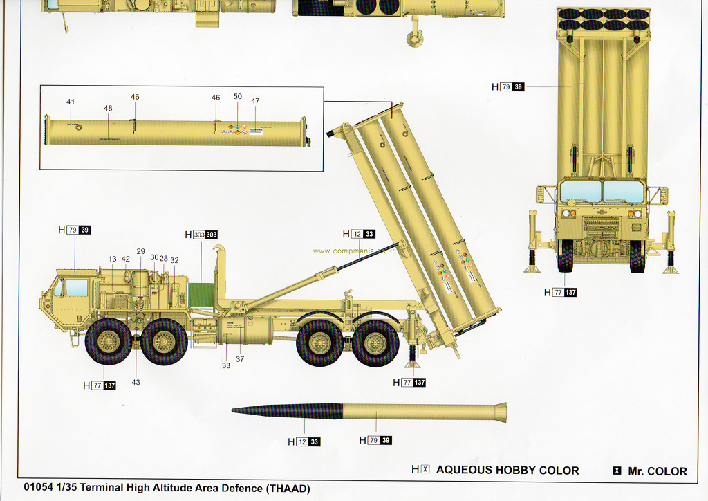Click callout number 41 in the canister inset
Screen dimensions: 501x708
[71, 102]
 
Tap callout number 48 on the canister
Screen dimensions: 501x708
[108, 109]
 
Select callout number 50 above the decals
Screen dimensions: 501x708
[238, 97]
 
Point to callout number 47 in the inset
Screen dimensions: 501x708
[255, 102]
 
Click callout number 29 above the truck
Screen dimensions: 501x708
[140, 252]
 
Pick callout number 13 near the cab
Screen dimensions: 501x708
[112, 259]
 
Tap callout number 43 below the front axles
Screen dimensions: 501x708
[136, 382]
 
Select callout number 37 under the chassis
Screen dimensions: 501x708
[240, 359]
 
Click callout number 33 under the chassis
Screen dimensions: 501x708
[226, 365]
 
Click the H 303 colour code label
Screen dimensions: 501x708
[201, 235]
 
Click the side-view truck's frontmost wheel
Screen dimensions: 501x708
[108, 341]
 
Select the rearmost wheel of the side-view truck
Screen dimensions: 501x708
[375, 343]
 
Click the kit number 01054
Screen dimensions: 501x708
[37, 488]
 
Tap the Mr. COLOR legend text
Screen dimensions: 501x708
[658, 471]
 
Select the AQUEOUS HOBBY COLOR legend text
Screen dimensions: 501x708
[507, 471]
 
